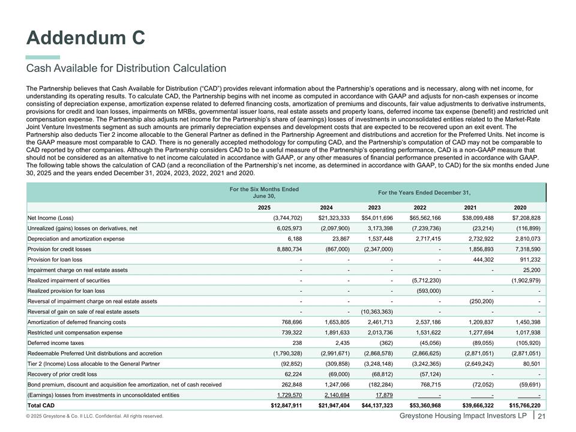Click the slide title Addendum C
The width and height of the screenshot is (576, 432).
85,37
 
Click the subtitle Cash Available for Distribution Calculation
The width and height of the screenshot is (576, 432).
126,68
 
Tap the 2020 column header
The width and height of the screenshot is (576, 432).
520,207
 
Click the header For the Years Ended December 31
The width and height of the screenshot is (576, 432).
424,192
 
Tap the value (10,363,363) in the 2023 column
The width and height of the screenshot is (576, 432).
376,312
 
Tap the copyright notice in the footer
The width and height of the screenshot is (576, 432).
95,416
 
